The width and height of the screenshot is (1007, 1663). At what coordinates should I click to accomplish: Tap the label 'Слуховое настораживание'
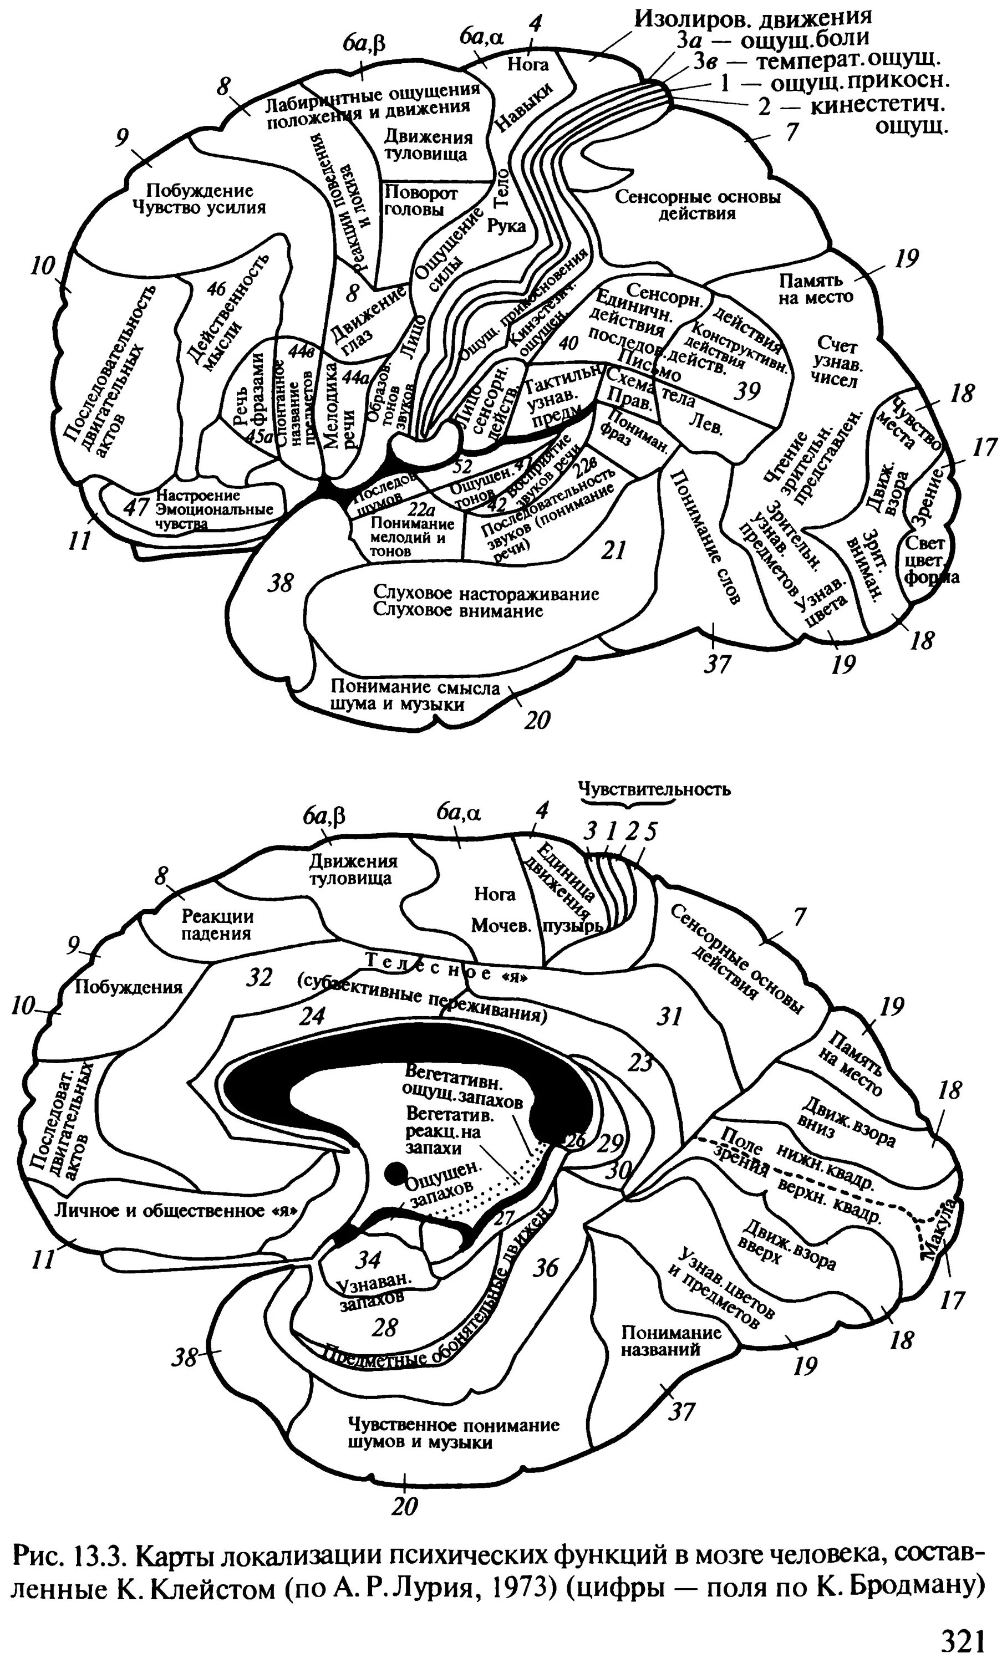point(486,595)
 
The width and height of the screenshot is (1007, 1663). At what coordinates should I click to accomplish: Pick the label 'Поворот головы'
point(421,201)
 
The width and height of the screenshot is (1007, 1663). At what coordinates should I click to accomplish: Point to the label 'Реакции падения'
point(217,925)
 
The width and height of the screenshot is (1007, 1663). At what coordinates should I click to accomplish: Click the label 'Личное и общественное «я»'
point(175,1211)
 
